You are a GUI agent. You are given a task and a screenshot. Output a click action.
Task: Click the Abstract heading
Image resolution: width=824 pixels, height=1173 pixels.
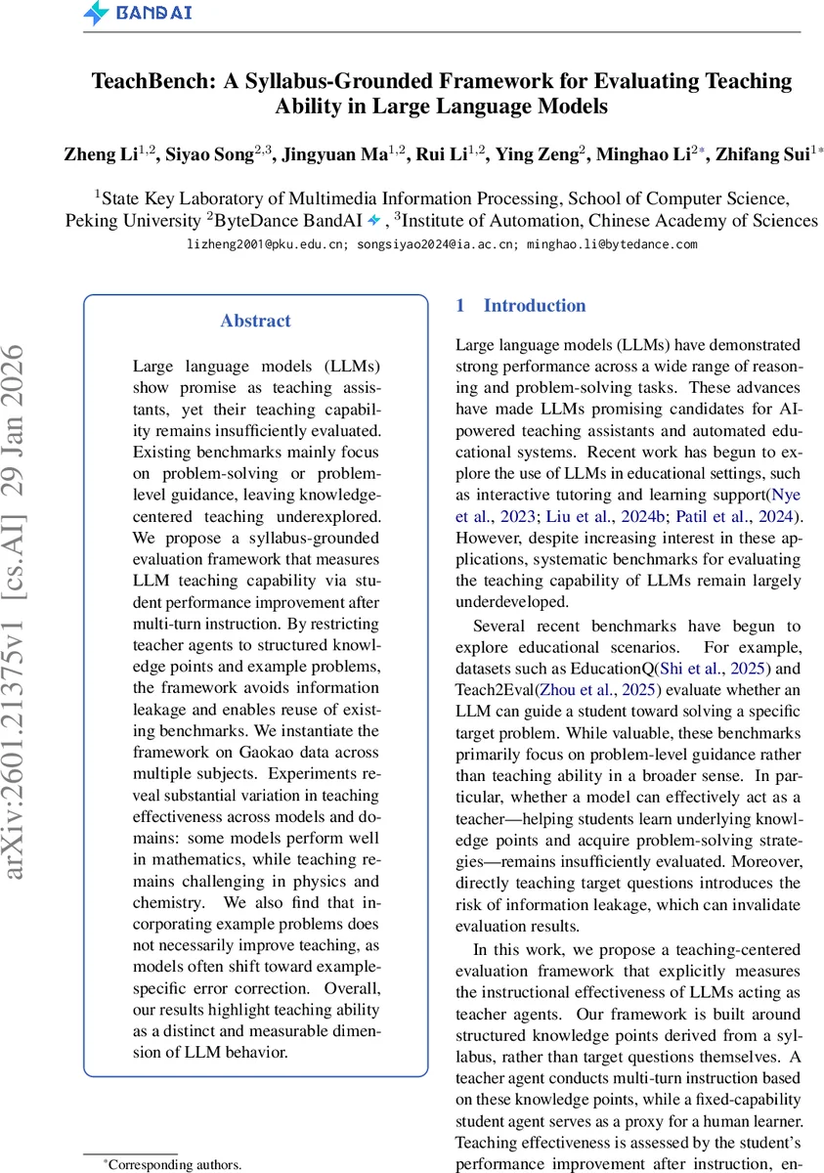click(255, 321)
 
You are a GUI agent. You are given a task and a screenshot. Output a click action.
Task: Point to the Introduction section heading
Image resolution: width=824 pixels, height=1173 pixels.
click(534, 306)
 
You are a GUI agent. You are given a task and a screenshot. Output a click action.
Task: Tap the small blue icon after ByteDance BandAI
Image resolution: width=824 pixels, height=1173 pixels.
click(373, 220)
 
